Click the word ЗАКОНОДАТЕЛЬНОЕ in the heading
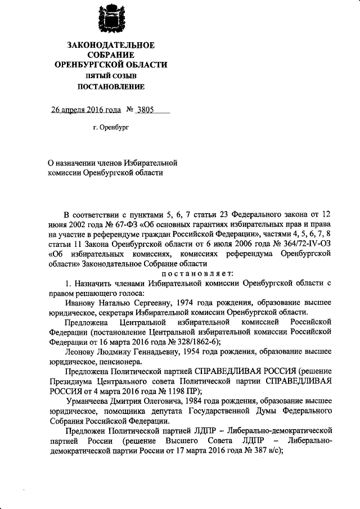pyautogui.click(x=111, y=45)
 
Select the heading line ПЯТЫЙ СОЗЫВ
pyautogui.click(x=111, y=75)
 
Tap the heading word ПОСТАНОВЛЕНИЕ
pyautogui.click(x=111, y=87)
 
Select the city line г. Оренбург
pyautogui.click(x=111, y=128)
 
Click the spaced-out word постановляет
pyautogui.click(x=186, y=274)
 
